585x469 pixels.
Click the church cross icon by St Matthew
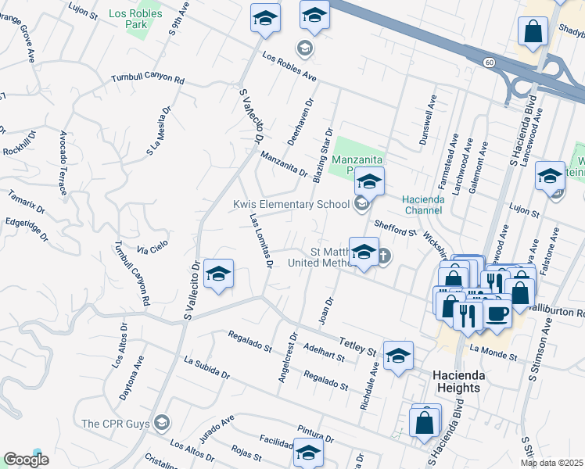tap(384, 255)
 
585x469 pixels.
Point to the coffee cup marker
tap(497, 313)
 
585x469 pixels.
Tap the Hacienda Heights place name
tap(468, 381)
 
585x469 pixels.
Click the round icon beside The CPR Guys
tap(162, 423)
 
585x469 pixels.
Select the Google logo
tap(26, 460)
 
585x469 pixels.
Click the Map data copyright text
tap(551, 463)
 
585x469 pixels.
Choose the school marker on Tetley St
tap(398, 356)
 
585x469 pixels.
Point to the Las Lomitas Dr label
tap(260, 242)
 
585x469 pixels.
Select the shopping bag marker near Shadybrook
tap(533, 31)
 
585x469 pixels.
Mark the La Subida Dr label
tap(206, 368)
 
